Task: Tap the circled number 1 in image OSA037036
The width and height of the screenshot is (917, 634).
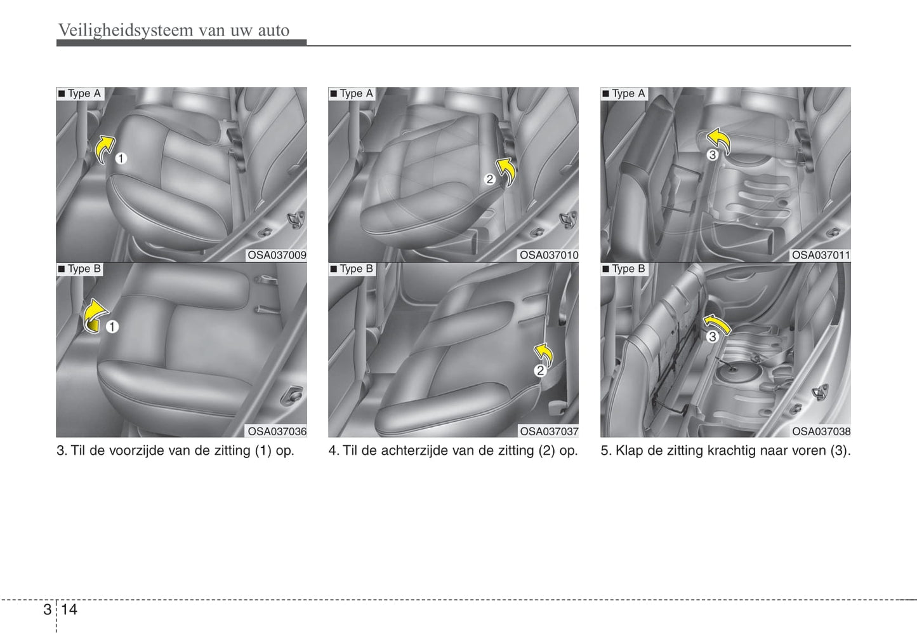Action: pyautogui.click(x=112, y=327)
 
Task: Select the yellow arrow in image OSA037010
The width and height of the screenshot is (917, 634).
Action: pyautogui.click(x=506, y=172)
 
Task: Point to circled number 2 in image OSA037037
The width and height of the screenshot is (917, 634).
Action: pyautogui.click(x=541, y=370)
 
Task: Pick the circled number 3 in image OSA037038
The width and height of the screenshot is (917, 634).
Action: pyautogui.click(x=712, y=337)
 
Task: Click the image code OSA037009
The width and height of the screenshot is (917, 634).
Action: pyautogui.click(x=277, y=255)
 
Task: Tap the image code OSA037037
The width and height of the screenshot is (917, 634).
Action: pyautogui.click(x=549, y=431)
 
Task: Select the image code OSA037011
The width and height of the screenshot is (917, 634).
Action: pyautogui.click(x=821, y=255)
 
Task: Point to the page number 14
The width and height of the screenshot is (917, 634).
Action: pyautogui.click(x=69, y=609)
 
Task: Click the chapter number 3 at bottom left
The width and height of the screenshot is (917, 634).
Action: pyautogui.click(x=48, y=609)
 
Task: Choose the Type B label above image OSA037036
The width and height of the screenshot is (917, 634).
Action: pyautogui.click(x=80, y=269)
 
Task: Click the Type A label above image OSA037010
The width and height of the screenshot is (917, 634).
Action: pyautogui.click(x=352, y=93)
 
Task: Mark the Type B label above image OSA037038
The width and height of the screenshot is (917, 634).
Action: pyautogui.click(x=624, y=269)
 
